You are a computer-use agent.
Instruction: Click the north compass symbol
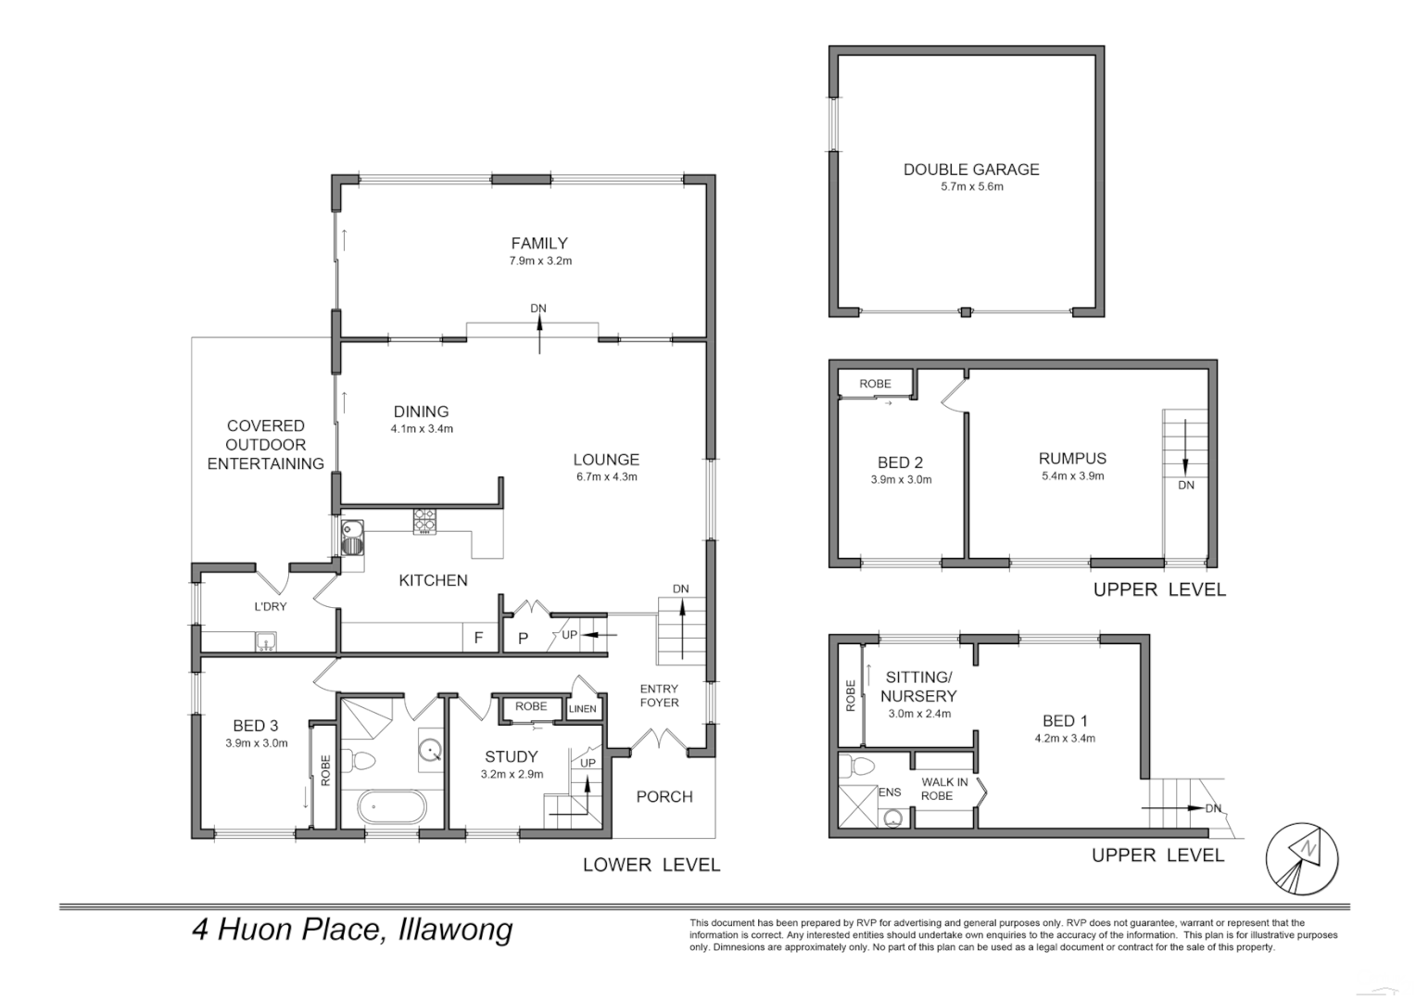click(x=1302, y=858)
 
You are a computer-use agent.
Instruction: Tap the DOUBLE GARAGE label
click(x=971, y=170)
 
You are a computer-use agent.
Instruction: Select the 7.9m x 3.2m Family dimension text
click(x=540, y=260)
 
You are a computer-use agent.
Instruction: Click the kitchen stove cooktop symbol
click(x=424, y=522)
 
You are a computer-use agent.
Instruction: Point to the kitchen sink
click(x=352, y=538)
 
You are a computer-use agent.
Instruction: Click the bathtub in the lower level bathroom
click(x=392, y=807)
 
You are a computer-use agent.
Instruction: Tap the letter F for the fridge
click(x=478, y=638)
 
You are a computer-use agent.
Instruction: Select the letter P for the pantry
click(x=523, y=639)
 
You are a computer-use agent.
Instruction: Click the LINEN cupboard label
click(x=582, y=709)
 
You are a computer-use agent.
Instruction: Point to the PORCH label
click(x=664, y=797)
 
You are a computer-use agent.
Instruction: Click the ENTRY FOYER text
click(x=659, y=695)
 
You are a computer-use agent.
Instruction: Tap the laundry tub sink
click(x=266, y=641)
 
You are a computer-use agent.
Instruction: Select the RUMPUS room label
click(x=1073, y=459)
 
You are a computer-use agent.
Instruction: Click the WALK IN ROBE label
click(x=944, y=789)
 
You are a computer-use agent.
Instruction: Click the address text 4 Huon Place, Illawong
click(x=352, y=929)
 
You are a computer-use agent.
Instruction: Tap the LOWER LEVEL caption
click(x=651, y=865)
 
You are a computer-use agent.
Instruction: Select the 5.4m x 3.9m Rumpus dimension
click(x=1073, y=476)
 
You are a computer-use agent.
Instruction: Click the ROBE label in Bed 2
click(x=875, y=384)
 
